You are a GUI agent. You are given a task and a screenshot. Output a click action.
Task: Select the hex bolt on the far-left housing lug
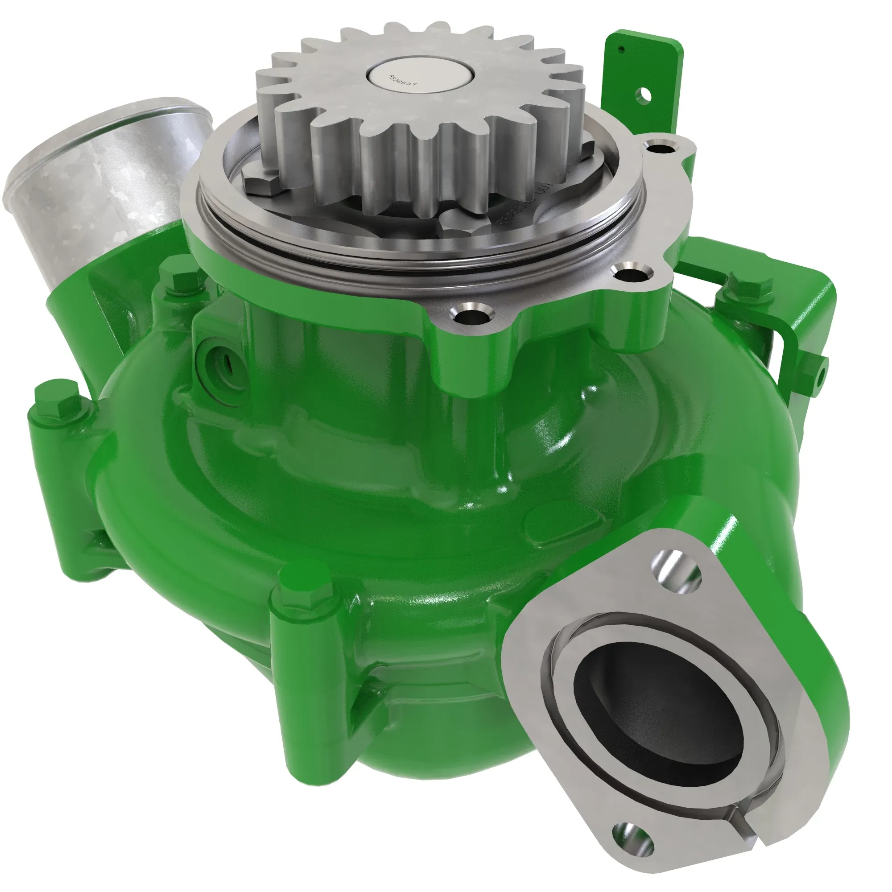coord(65,404)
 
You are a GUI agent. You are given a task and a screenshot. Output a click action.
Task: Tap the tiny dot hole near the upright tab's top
coord(621,49)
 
